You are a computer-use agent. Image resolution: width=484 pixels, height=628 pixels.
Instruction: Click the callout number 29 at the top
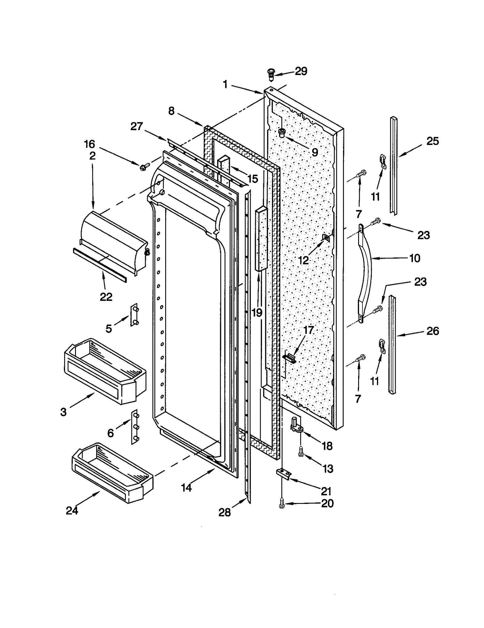click(301, 71)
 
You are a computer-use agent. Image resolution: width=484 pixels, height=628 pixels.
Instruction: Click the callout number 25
click(432, 141)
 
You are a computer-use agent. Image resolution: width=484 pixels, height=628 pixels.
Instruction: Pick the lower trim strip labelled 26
click(392, 344)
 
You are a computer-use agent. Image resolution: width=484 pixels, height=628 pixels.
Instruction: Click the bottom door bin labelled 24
click(112, 473)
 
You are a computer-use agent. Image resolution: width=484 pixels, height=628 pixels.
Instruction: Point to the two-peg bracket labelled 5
click(134, 315)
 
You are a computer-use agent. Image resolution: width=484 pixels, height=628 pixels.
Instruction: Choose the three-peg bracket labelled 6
click(135, 427)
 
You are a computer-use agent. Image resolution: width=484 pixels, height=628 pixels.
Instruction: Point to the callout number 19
click(257, 312)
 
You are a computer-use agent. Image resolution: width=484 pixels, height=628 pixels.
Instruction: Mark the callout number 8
click(171, 111)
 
